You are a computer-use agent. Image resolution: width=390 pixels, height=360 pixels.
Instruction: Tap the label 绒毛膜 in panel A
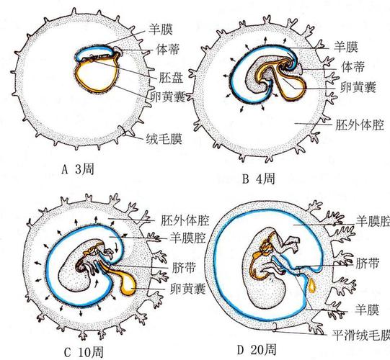click(164, 139)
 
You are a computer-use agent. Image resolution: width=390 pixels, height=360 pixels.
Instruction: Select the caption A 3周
click(78, 169)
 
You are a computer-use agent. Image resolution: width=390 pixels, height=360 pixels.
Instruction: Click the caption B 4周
click(259, 179)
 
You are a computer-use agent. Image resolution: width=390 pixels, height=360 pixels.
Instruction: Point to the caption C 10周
click(84, 352)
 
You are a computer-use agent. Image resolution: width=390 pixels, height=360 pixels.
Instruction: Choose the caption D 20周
click(257, 350)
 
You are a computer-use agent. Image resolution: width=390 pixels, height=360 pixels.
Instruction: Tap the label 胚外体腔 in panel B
click(360, 125)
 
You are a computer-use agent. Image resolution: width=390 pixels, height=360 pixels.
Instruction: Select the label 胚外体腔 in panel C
click(185, 220)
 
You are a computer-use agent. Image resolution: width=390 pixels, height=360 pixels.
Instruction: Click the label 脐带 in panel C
click(184, 268)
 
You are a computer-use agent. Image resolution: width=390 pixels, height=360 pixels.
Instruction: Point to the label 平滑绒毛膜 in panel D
click(361, 336)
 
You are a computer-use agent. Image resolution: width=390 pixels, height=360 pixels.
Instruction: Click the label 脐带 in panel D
click(368, 264)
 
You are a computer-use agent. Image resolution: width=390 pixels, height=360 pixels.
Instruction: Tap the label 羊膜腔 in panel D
click(373, 221)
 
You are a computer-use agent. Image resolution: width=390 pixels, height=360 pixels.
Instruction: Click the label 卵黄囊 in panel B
click(358, 87)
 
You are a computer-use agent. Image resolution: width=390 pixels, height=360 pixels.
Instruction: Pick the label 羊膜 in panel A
click(161, 30)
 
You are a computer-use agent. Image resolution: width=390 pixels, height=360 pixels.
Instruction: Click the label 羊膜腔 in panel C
click(187, 238)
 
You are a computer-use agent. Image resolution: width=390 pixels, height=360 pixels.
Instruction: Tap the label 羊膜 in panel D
click(367, 310)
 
